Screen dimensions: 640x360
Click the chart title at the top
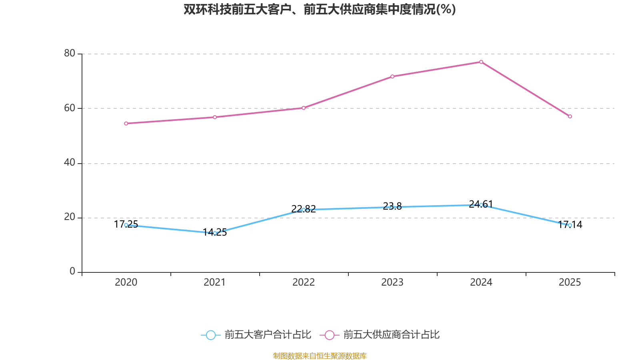320,10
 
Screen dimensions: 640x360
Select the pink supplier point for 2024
481,62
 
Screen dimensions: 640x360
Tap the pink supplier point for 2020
126,124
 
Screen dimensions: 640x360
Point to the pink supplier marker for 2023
392,76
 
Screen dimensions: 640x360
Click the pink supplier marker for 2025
570,116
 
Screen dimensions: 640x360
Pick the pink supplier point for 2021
215,117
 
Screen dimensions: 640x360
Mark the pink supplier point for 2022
304,108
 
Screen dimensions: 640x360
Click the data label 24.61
481,204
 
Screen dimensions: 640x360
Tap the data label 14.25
215,232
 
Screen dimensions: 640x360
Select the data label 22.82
304,209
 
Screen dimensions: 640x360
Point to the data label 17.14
570,224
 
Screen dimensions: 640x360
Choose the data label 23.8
392,206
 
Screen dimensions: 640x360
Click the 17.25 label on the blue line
126,224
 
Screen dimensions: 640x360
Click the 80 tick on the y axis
70,54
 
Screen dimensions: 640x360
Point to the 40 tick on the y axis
70,162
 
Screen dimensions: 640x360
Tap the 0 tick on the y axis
72,272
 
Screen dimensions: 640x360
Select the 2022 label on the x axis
304,282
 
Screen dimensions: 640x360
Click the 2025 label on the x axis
570,282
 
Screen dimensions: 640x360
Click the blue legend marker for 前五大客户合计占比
211,335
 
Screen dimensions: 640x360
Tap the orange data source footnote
320,356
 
